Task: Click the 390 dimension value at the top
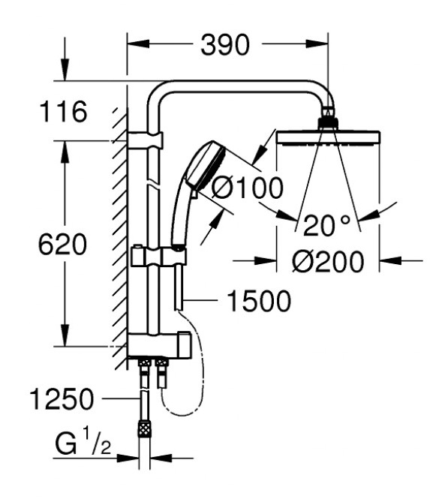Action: click(225, 46)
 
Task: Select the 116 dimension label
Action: click(63, 112)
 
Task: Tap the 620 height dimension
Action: click(65, 245)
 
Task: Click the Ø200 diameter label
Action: click(327, 261)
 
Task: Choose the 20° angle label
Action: click(328, 223)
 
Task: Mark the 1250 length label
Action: click(63, 399)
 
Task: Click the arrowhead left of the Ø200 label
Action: click(266, 261)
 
